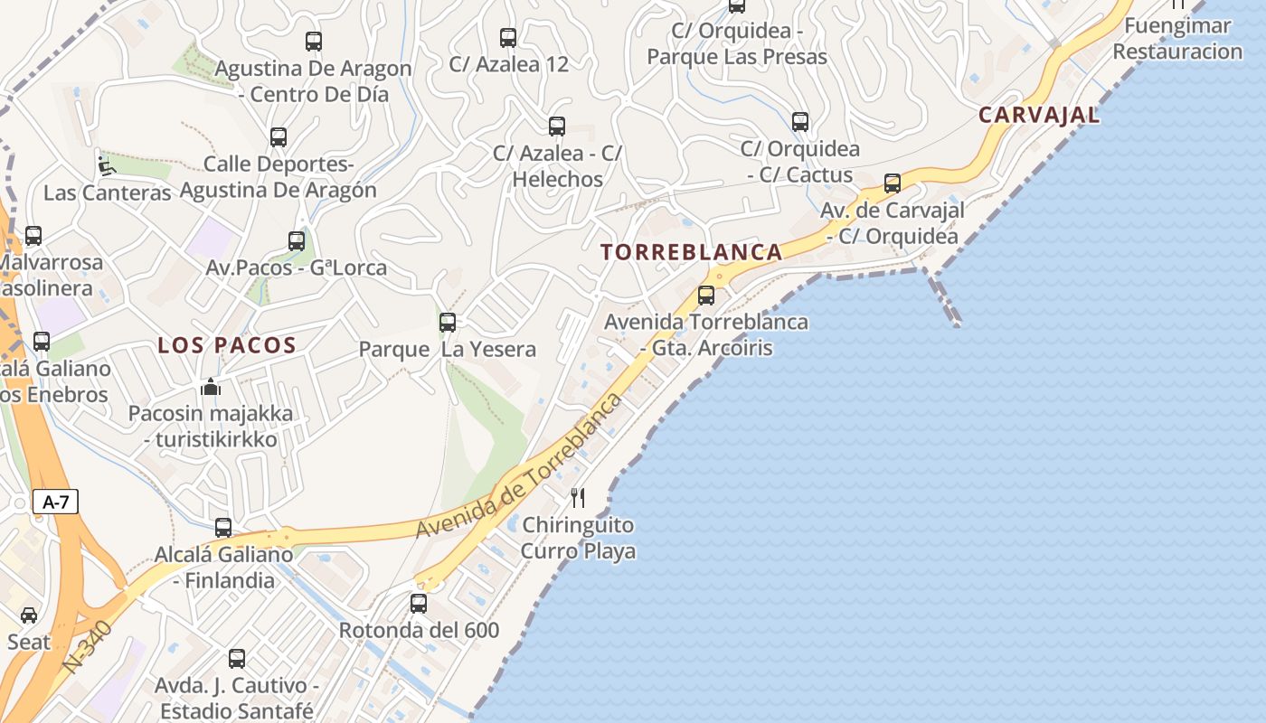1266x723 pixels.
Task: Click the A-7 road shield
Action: tap(56, 502)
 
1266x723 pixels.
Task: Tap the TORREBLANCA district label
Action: tap(692, 252)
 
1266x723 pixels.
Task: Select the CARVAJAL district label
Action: tap(1039, 115)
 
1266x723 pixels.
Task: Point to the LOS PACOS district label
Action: tap(227, 344)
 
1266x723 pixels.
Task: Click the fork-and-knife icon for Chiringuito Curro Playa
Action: tap(578, 497)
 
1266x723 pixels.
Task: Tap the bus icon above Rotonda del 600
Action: tap(419, 603)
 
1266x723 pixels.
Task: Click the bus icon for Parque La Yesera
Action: tap(448, 322)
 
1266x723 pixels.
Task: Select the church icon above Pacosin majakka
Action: tap(211, 387)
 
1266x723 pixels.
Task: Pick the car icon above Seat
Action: tap(29, 615)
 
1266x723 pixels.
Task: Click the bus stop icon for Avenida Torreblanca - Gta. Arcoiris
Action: tap(706, 295)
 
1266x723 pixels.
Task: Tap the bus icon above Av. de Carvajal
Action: tap(893, 183)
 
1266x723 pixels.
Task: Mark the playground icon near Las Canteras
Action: tap(106, 165)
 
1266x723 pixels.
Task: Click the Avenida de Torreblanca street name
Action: tap(520, 466)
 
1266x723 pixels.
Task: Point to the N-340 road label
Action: tap(88, 647)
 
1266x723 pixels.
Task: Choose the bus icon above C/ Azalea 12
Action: tap(508, 38)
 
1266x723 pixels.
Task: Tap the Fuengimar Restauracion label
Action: tap(1177, 38)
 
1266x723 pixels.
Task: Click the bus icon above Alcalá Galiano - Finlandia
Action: tap(223, 527)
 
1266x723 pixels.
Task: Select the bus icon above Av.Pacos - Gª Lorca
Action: tap(297, 241)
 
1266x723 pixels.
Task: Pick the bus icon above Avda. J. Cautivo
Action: tap(237, 659)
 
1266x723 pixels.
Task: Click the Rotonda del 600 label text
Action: tap(419, 630)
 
